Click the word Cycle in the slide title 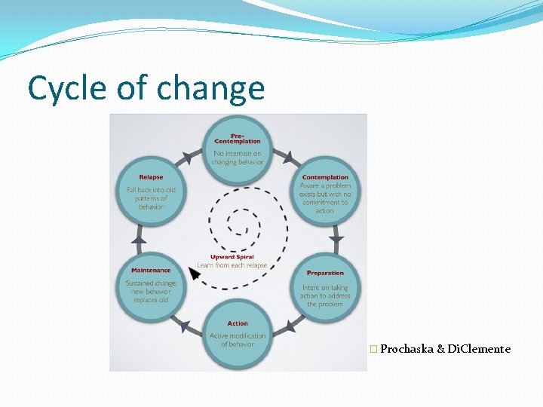(66, 88)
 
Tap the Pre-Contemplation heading (237, 139)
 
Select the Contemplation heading (325, 178)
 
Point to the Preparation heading (325, 273)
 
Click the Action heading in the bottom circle (238, 324)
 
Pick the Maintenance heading (151, 270)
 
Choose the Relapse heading (151, 178)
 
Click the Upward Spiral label (232, 258)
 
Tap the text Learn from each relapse (232, 265)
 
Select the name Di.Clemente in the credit (479, 349)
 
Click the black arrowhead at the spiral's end (195, 274)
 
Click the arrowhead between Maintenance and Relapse (138, 239)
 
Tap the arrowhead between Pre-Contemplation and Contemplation (287, 158)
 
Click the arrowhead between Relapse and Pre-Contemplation (186, 158)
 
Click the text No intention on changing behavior (238, 158)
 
